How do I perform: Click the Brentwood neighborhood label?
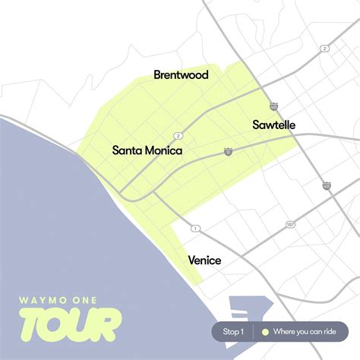181,74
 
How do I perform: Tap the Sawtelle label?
273,125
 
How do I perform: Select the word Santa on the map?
128,150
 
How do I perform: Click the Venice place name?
204,261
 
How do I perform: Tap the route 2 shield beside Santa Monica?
178,135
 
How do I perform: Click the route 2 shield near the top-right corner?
324,49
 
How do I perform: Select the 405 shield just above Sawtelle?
273,107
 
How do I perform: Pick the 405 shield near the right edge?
327,185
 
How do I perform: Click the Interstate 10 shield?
229,152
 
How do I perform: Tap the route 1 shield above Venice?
195,228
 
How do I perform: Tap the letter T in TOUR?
34,324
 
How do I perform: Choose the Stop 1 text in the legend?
233,332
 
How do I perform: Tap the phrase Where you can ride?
304,332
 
